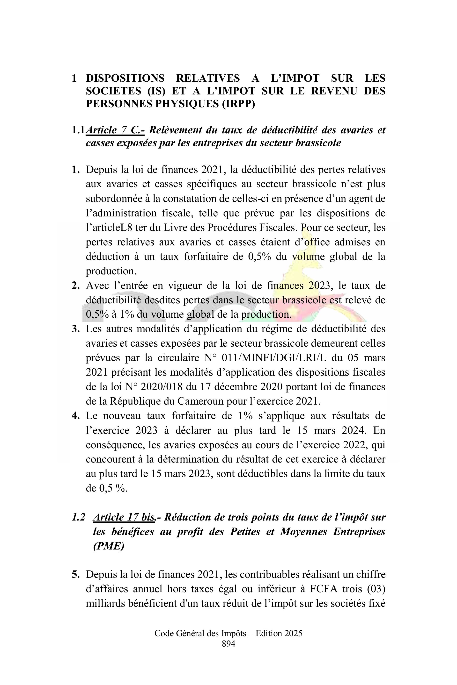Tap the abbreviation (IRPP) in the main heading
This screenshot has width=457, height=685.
click(238, 104)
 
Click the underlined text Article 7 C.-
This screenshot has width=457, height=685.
click(115, 130)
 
